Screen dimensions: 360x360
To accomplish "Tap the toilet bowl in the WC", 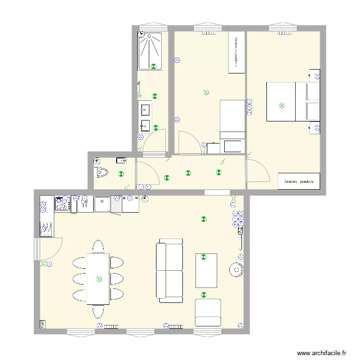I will click(102, 172).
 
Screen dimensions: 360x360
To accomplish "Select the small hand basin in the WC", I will click(120, 160).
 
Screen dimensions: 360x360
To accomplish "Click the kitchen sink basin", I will click(102, 204).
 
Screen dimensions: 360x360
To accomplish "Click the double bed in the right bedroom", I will click(287, 102).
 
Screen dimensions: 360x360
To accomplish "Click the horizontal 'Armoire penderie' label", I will click(299, 181).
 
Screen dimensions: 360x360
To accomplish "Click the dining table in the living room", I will click(98, 279).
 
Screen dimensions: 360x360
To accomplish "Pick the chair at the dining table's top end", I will click(98, 246).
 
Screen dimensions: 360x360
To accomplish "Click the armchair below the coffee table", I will click(208, 312).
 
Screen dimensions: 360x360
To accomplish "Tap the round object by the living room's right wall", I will click(236, 271).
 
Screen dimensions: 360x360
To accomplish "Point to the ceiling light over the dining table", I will click(99, 279).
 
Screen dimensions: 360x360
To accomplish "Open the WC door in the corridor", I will click(147, 173).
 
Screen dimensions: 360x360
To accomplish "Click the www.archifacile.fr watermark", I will click(321, 353).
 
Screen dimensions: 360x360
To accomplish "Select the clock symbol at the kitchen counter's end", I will click(144, 198).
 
